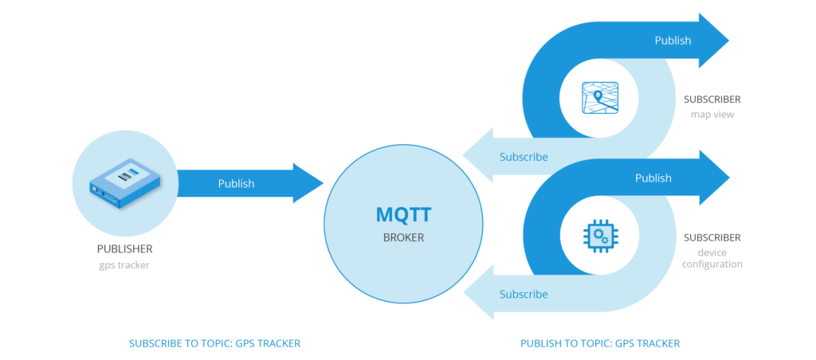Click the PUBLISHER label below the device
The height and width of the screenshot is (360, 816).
point(124,249)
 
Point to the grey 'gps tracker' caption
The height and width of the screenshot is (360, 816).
point(124,265)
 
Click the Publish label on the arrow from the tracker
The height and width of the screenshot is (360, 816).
point(236,184)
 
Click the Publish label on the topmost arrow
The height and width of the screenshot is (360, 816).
point(673,41)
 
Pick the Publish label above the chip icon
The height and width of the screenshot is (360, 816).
point(653,178)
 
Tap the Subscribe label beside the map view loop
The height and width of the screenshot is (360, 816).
point(524,157)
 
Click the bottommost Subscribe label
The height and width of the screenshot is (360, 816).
point(524,295)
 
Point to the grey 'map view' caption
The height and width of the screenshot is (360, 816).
point(712,115)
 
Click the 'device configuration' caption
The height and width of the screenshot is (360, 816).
point(712,258)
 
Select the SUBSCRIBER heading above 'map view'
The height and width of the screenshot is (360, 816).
point(712,100)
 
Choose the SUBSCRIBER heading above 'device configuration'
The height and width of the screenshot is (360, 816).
point(712,237)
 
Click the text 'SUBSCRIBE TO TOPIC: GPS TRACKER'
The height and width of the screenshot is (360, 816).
point(214,343)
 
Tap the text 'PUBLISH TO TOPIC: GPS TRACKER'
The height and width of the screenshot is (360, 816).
point(600,343)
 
